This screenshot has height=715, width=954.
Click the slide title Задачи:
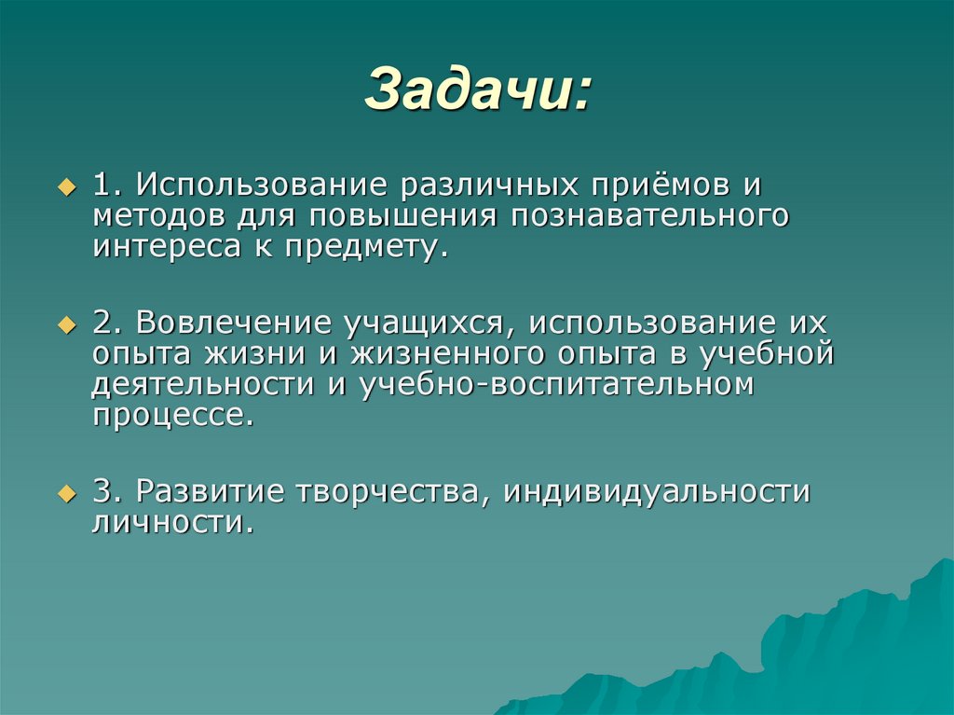[476, 91]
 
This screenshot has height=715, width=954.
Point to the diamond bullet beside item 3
[65, 492]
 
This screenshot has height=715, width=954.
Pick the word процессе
[172, 416]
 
